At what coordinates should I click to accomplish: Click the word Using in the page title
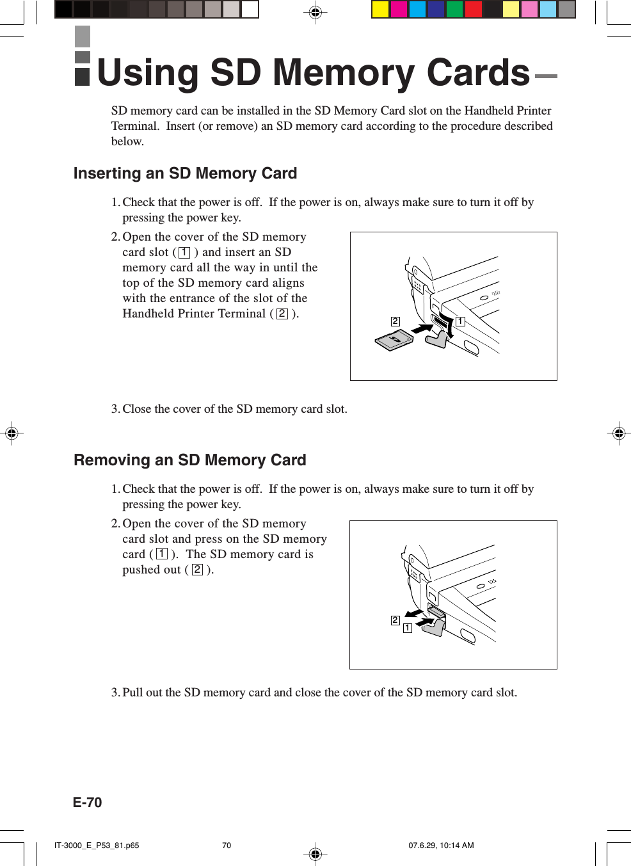[148, 73]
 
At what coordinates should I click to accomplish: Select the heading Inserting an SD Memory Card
[185, 173]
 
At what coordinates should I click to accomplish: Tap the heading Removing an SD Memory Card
[189, 460]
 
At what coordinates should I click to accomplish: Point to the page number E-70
[87, 803]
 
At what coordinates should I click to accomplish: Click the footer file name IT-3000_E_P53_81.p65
[97, 846]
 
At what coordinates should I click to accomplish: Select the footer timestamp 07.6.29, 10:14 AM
[441, 846]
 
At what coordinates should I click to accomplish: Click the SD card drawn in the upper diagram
[394, 341]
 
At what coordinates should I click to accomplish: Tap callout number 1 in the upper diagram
[460, 321]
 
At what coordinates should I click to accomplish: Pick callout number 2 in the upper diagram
[395, 321]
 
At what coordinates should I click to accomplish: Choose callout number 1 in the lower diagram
[407, 629]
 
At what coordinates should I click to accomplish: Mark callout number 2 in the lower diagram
[395, 620]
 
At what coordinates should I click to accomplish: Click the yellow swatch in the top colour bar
[380, 10]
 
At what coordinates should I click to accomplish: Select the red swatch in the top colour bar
[474, 10]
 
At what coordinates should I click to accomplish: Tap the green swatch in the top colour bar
[455, 10]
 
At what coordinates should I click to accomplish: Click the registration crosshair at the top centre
[315, 12]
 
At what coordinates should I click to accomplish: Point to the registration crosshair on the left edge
[12, 433]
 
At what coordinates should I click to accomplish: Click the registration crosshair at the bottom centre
[315, 854]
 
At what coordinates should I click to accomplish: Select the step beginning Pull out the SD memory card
[314, 693]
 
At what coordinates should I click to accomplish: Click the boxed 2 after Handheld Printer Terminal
[282, 314]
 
